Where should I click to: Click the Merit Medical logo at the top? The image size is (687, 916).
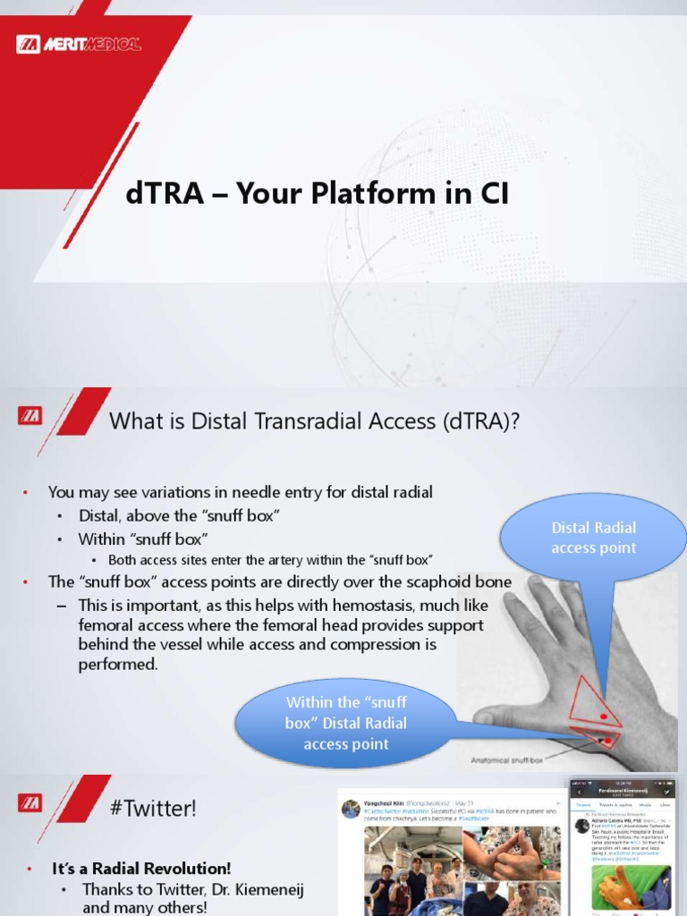(79, 43)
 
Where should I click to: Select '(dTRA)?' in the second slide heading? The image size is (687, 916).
(479, 421)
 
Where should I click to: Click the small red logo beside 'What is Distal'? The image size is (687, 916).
(29, 416)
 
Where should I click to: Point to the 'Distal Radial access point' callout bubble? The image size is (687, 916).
(594, 539)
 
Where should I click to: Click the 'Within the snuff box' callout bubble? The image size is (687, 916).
(346, 722)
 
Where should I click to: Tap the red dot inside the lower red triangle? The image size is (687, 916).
(606, 740)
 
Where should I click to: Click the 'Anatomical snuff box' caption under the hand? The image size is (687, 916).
(507, 760)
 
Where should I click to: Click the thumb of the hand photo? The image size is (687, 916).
(501, 715)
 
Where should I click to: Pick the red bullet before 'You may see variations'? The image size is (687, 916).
(26, 492)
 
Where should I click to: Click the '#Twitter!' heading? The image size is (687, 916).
(153, 809)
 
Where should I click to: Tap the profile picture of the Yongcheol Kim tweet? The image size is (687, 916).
(352, 808)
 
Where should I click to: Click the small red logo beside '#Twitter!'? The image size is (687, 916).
(29, 803)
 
